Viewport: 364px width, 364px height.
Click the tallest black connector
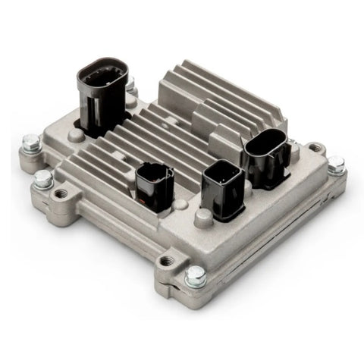pyautogui.click(x=102, y=95)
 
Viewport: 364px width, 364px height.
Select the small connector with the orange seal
pyautogui.click(x=155, y=186)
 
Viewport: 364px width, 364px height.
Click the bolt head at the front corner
pyautogui.click(x=196, y=276)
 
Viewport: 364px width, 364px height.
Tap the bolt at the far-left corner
pyautogui.click(x=30, y=142)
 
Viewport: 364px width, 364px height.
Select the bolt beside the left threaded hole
pyautogui.click(x=44, y=180)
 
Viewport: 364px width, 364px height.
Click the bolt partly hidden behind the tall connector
pyautogui.click(x=130, y=83)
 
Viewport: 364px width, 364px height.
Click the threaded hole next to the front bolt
pyautogui.click(x=167, y=262)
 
